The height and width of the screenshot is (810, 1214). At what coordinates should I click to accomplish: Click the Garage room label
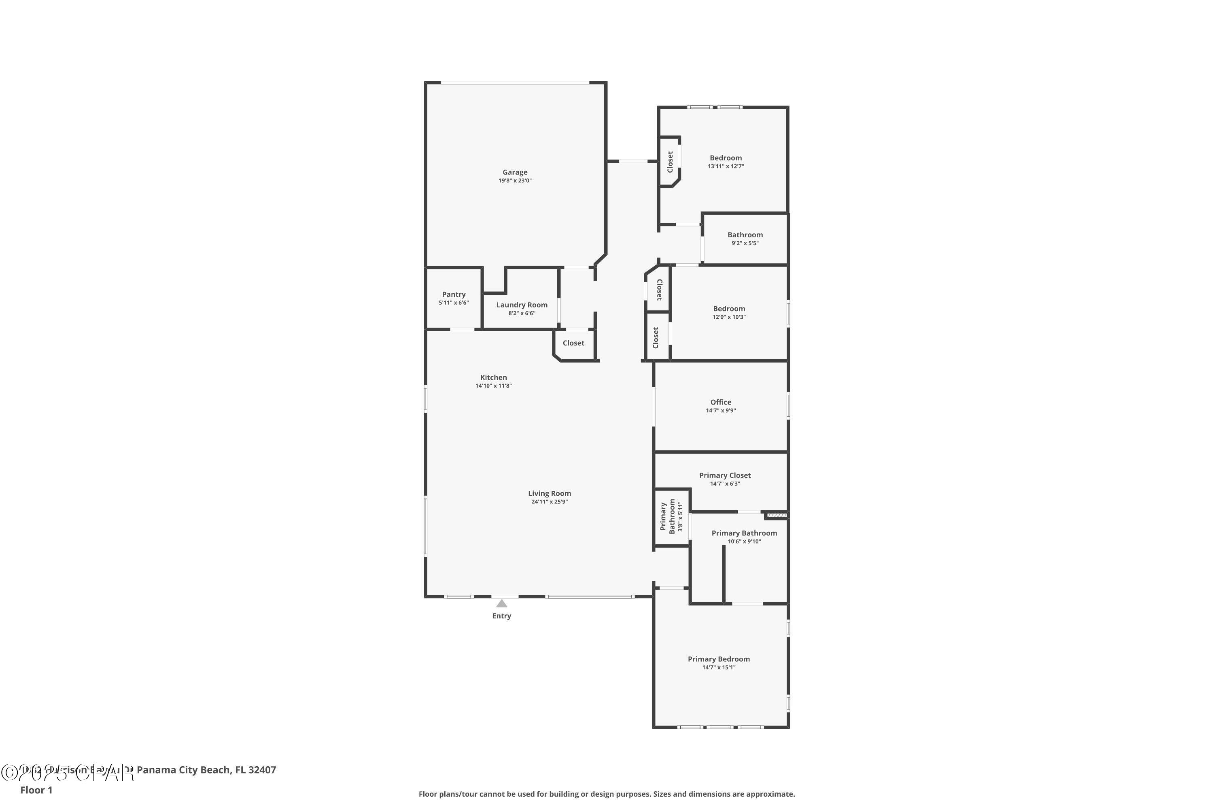click(x=515, y=173)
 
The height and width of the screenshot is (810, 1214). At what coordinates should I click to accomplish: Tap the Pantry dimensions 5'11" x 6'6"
click(x=454, y=303)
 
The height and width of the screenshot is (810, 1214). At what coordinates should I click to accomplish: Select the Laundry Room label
click(x=522, y=305)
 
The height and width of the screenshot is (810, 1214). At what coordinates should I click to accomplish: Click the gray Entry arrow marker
click(x=501, y=603)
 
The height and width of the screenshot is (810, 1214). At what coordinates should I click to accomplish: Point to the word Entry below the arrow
click(x=501, y=616)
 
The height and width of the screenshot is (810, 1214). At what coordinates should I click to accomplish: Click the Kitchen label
click(x=493, y=377)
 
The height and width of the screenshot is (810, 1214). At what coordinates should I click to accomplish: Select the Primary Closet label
click(x=725, y=475)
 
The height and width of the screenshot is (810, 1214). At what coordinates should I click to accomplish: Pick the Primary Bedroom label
click(x=719, y=659)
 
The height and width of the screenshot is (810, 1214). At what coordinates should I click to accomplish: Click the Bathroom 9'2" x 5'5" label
click(x=745, y=238)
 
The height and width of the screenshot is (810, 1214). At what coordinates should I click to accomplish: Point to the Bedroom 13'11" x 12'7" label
click(x=726, y=162)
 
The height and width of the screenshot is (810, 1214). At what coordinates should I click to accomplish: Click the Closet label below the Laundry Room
click(x=573, y=343)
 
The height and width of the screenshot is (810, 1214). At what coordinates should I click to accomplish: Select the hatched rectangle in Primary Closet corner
click(x=776, y=515)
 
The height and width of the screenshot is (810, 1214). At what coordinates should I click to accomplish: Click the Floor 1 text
click(x=36, y=790)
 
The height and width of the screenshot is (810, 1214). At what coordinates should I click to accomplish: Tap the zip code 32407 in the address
click(x=262, y=770)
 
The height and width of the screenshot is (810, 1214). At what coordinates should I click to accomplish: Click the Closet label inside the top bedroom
click(x=670, y=162)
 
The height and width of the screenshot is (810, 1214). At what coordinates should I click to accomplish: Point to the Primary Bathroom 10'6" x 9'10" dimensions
click(x=744, y=541)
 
